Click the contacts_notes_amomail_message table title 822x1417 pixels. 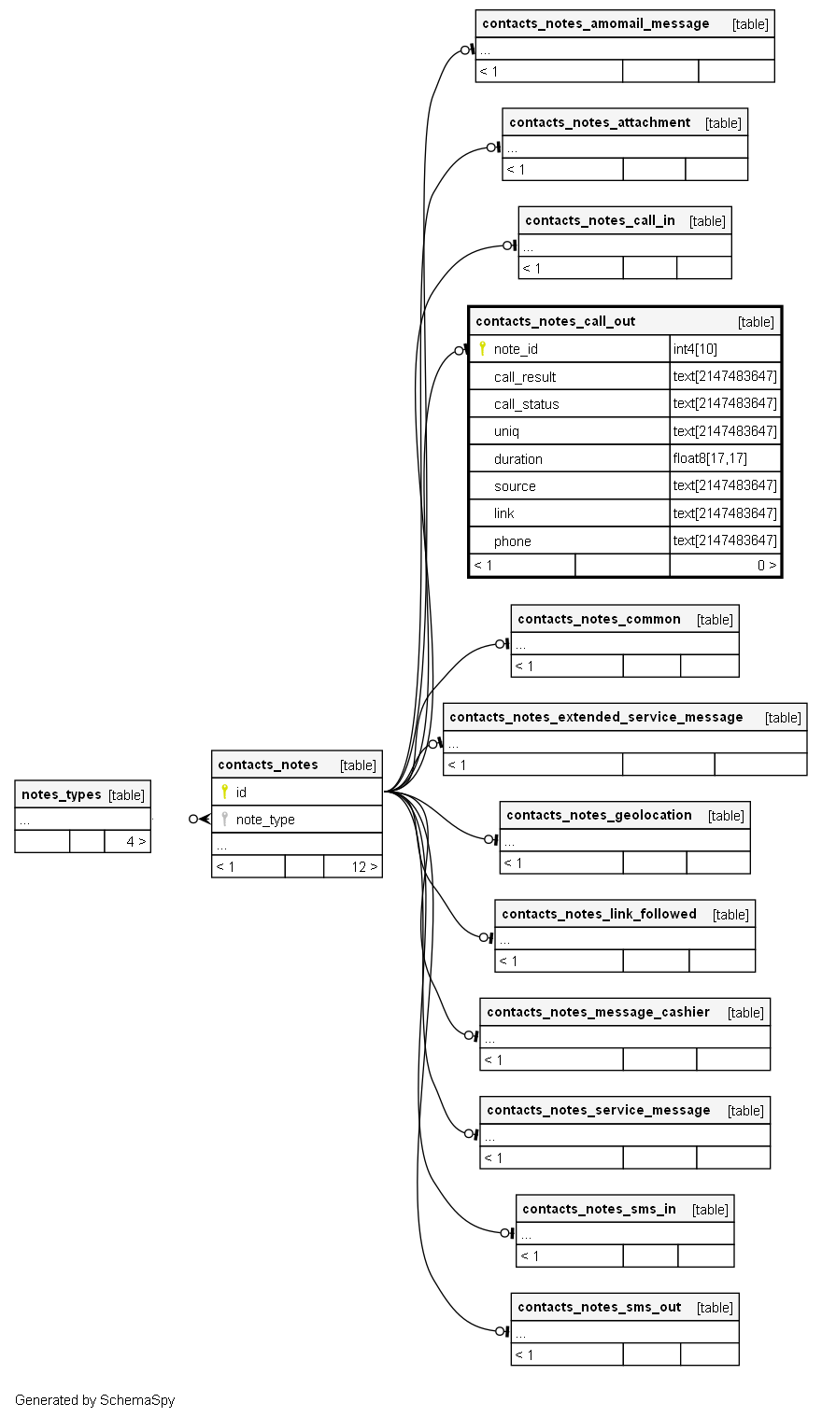pos(596,23)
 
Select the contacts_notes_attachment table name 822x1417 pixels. pos(600,122)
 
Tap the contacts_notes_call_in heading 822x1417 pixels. pos(600,220)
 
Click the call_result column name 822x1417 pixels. pos(525,377)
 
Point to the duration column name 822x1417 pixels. pos(518,459)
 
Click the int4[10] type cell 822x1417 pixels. pos(695,349)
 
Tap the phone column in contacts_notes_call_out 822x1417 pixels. pos(513,541)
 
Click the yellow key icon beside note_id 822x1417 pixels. pos(482,348)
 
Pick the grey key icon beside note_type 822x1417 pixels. pos(224,819)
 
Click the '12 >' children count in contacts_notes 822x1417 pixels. pos(364,866)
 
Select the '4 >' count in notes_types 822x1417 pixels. pos(136,841)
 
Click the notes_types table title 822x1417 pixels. pos(61,794)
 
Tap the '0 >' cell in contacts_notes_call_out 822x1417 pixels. pos(766,565)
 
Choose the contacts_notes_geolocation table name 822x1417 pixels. pos(599,815)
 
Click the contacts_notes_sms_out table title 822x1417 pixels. pos(599,1307)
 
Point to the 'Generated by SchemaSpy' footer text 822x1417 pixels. pos(94,1400)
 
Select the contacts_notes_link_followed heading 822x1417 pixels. pos(599,914)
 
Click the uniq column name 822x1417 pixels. pos(506,431)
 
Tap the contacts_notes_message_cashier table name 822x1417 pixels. pos(598,1012)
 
